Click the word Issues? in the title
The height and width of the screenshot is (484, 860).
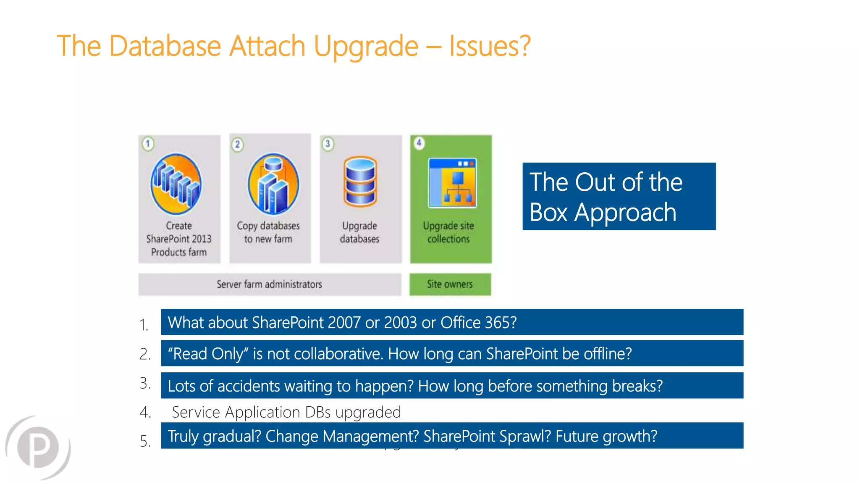click(490, 46)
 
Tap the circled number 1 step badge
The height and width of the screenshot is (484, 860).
click(148, 144)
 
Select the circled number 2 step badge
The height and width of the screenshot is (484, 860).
click(237, 145)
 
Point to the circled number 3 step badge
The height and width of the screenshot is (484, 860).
click(328, 144)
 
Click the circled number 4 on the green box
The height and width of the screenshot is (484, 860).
click(419, 143)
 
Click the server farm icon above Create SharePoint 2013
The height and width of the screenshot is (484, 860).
click(176, 184)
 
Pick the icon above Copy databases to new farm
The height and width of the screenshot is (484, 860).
click(273, 184)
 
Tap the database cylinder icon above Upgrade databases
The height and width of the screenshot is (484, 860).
click(360, 181)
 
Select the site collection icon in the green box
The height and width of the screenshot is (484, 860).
click(452, 183)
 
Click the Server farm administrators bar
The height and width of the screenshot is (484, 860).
click(270, 284)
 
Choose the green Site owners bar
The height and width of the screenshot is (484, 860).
click(450, 284)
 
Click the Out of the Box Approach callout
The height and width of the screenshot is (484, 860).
click(619, 196)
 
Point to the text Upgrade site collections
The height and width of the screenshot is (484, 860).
click(448, 232)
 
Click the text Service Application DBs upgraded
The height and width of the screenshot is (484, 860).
click(286, 412)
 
